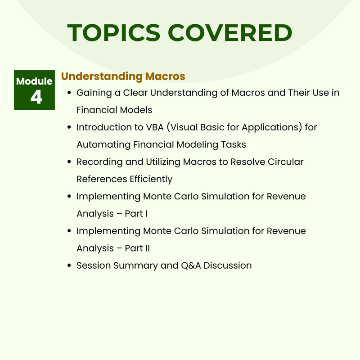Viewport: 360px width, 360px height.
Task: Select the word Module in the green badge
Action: pyautogui.click(x=35, y=81)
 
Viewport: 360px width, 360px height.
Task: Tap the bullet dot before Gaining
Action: pyautogui.click(x=69, y=93)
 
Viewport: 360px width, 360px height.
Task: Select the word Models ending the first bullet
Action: pyautogui.click(x=136, y=110)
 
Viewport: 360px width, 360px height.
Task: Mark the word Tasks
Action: pyautogui.click(x=235, y=144)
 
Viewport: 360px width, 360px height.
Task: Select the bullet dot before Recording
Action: pyautogui.click(x=69, y=162)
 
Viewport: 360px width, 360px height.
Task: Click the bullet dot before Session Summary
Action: pyautogui.click(x=69, y=265)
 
